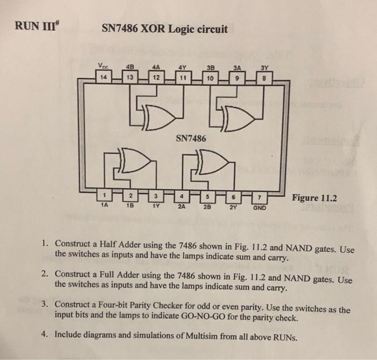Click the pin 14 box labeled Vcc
(102, 77)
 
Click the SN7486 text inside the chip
(191, 139)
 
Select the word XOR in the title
(157, 29)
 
